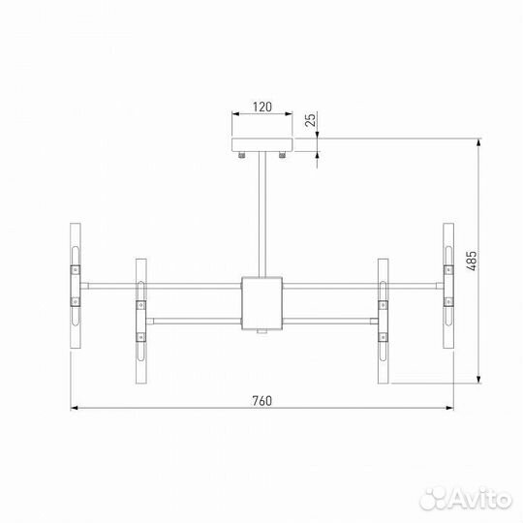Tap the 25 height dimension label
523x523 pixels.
coord(310,121)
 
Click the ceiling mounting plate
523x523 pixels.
coord(261,146)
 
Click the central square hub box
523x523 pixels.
coord(261,304)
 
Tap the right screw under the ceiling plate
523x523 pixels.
coord(280,155)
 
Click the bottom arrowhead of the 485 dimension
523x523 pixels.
coord(481,379)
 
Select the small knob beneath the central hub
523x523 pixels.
coord(261,335)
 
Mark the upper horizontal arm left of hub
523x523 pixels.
coord(160,285)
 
